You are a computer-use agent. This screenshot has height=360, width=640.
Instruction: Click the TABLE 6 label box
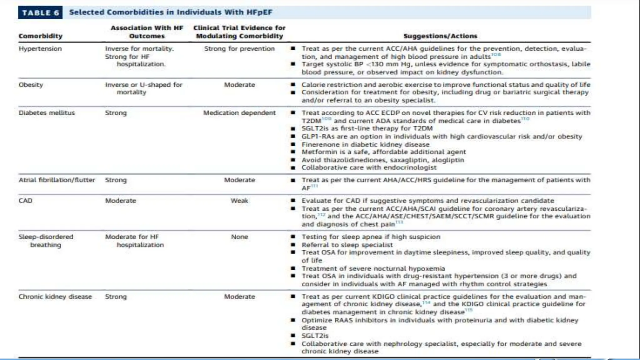point(40,13)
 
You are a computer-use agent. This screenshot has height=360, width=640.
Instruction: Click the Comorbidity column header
point(40,36)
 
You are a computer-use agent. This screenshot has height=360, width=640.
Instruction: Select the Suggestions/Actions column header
point(440,36)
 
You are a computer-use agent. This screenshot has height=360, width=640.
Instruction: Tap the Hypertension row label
point(40,49)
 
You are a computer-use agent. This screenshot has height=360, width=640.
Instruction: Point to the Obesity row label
point(31,85)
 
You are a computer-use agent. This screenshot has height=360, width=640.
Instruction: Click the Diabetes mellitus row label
point(47,113)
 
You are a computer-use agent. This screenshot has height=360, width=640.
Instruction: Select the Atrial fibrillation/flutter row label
point(57,180)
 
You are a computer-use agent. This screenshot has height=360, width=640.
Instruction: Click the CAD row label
point(25,201)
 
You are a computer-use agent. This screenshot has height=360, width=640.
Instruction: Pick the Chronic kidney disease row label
point(55,297)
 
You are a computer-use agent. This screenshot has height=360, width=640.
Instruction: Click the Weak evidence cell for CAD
point(239,201)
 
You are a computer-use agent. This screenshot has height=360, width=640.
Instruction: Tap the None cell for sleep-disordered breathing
point(239,237)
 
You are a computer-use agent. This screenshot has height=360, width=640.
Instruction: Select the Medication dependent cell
point(239,113)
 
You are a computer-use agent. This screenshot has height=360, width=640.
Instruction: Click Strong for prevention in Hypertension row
point(239,49)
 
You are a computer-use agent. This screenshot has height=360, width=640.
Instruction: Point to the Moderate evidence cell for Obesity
point(239,85)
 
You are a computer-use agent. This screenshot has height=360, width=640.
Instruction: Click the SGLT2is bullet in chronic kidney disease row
point(315,336)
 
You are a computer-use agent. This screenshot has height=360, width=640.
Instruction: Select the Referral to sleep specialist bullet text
point(347,245)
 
